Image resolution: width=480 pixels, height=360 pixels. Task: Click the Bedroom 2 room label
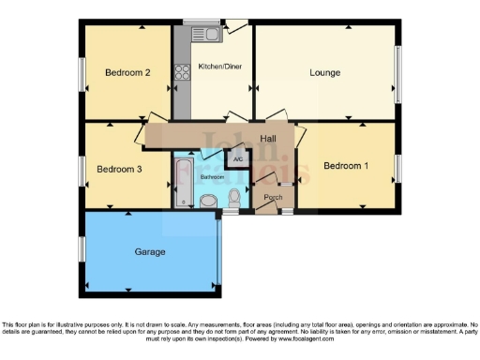(x=127, y=72)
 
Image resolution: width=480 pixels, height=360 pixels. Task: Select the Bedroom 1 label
(x=345, y=166)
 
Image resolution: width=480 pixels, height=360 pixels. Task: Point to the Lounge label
(x=325, y=72)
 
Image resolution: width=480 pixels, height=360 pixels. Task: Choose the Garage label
(x=150, y=252)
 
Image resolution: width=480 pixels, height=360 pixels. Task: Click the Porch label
(x=273, y=198)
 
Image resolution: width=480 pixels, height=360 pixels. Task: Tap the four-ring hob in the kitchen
(x=181, y=71)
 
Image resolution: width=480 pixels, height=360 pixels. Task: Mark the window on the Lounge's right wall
(x=400, y=72)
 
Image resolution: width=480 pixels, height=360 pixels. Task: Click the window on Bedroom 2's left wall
(x=82, y=73)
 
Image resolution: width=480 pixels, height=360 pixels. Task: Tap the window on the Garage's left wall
(x=82, y=248)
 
